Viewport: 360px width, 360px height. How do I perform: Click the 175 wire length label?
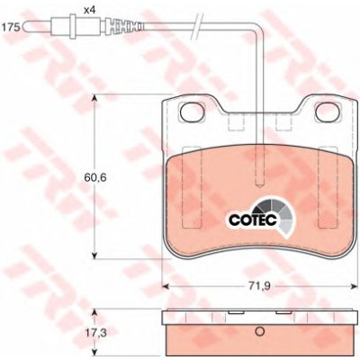pos(11,28)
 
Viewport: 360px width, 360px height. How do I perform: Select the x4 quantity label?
pos(89,11)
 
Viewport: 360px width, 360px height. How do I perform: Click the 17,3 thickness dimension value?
pos(92,333)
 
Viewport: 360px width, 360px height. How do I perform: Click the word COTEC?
pos(253,220)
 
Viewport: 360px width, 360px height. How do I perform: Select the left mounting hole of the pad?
pos(191,112)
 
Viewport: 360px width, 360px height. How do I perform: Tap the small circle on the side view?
pos(259,331)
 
